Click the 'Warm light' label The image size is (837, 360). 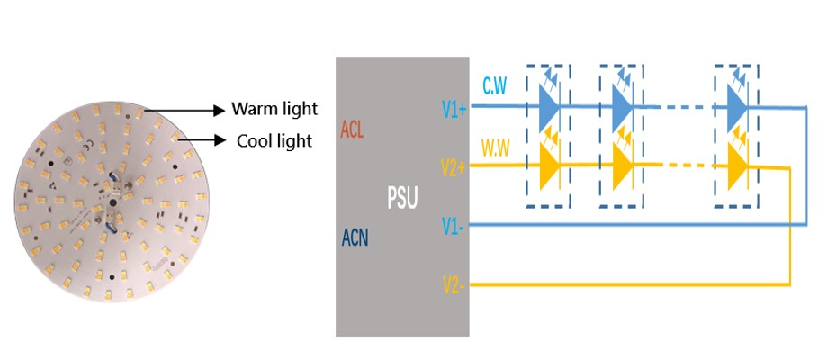point(274,109)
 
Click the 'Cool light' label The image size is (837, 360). point(274,140)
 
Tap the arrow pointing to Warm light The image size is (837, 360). point(184,110)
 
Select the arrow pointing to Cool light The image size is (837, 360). point(202,140)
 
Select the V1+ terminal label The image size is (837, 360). point(454,108)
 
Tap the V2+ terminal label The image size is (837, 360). point(454,168)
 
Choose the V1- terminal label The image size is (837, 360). point(453,224)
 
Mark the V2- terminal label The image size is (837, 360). point(453,285)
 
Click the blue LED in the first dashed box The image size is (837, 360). point(549,106)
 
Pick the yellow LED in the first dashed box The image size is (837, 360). point(549,166)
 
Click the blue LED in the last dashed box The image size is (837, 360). point(737,106)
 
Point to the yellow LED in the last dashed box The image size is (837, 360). point(737,166)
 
